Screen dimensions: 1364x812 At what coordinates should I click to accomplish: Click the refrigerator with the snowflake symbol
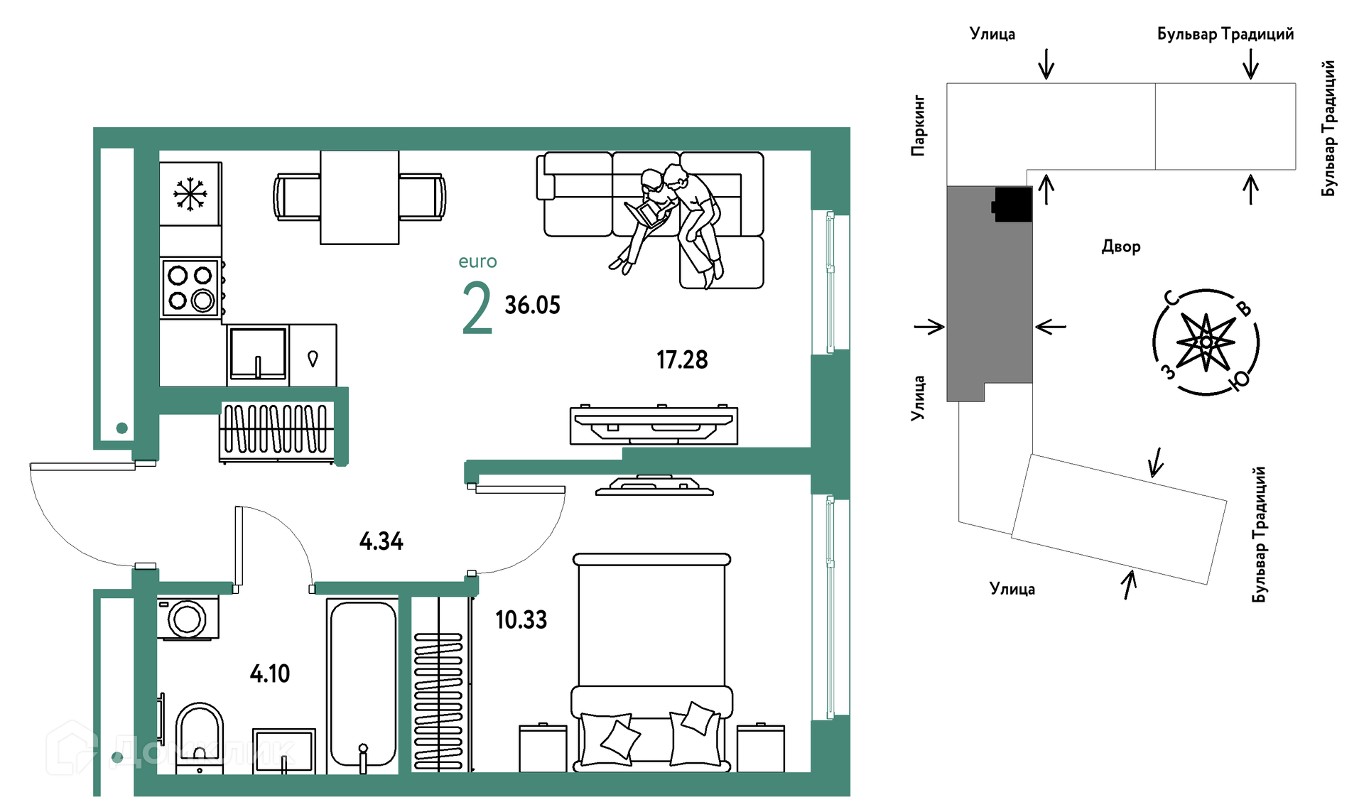click(x=190, y=194)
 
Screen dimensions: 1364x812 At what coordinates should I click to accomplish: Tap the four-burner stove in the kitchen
click(x=191, y=288)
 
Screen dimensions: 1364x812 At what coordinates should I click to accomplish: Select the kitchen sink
click(x=258, y=353)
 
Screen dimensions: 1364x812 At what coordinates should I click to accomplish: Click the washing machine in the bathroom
click(x=188, y=618)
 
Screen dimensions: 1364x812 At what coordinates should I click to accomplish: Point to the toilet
click(x=199, y=736)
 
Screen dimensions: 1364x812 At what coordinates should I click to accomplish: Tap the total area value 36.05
click(x=533, y=305)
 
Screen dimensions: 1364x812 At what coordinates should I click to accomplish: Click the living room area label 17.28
click(x=682, y=359)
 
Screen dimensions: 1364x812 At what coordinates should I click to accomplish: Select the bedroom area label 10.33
click(x=521, y=619)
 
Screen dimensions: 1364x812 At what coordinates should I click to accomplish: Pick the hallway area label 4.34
click(x=381, y=541)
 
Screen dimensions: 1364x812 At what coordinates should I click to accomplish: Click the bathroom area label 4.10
click(x=270, y=673)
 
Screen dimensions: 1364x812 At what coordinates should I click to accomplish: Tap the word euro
click(x=478, y=261)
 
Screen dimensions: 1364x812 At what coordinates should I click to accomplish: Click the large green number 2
click(x=477, y=308)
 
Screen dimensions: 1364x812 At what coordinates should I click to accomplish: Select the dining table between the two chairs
click(x=359, y=197)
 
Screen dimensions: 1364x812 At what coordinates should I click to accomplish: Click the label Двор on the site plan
click(x=1121, y=247)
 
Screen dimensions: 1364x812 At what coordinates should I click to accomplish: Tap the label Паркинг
click(x=919, y=126)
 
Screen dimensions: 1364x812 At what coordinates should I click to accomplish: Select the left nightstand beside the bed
click(x=543, y=748)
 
